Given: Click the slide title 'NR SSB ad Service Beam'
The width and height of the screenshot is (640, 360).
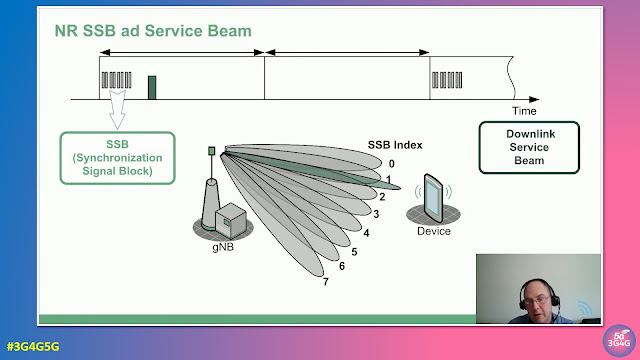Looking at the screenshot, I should coord(153,31).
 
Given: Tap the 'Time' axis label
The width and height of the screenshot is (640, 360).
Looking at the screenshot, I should coord(524,110).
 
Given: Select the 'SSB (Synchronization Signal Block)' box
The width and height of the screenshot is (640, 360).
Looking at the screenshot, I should coord(116,157).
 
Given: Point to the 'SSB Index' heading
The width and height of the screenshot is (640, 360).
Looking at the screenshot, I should coord(395,145).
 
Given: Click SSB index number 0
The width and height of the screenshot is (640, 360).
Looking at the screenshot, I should coord(392,164).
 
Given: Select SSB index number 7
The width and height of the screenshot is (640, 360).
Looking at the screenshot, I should coord(325,281).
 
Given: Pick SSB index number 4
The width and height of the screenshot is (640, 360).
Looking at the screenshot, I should coord(366,232).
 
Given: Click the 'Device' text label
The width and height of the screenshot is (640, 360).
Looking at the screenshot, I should coord(433,231).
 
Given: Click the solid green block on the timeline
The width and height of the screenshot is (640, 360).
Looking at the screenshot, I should coord(152,86).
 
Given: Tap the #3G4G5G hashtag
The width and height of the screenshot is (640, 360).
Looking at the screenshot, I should coord(33,346).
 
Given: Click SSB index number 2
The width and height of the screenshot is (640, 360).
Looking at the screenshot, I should coord(384,198).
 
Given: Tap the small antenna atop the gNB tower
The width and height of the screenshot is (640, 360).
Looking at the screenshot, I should coord(211,152).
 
